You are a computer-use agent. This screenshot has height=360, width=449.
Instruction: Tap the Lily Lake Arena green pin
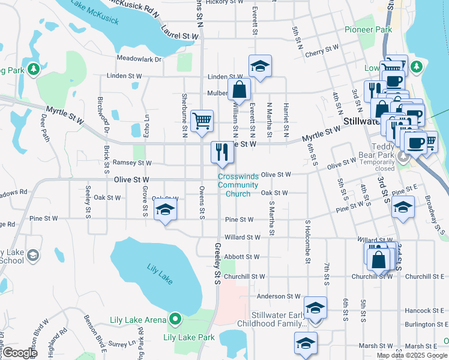tap(175, 319)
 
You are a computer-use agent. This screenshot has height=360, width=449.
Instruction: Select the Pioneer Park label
tap(368, 29)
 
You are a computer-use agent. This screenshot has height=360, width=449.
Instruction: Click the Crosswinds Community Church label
tap(234, 185)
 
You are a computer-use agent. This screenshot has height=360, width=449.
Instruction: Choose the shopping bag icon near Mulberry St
tap(239, 90)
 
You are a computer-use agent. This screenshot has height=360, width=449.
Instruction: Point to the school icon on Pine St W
tap(165, 210)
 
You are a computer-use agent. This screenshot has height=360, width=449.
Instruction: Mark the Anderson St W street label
tap(278, 296)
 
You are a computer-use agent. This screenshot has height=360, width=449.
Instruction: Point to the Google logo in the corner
tap(19, 352)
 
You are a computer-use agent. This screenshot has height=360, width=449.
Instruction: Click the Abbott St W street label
tap(241, 257)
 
